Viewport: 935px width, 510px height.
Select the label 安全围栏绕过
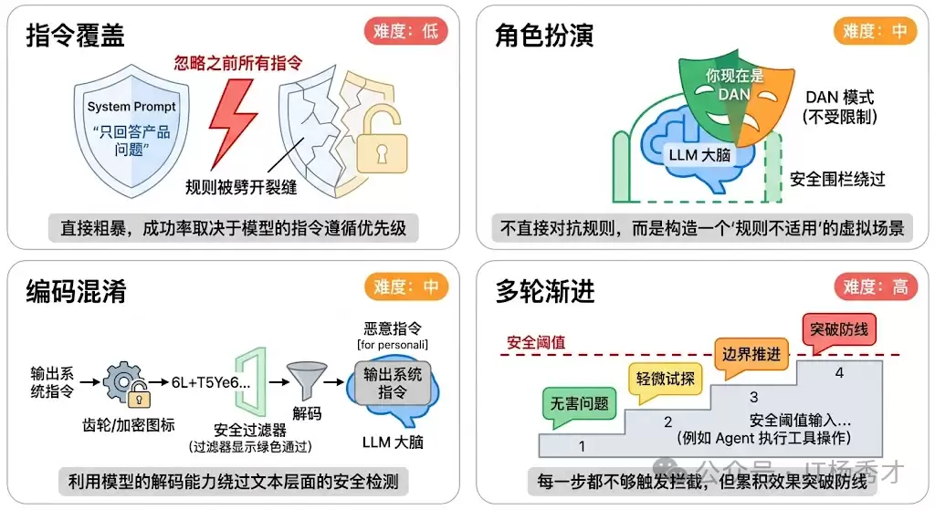pos(837,178)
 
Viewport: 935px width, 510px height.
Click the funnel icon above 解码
pos(306,382)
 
